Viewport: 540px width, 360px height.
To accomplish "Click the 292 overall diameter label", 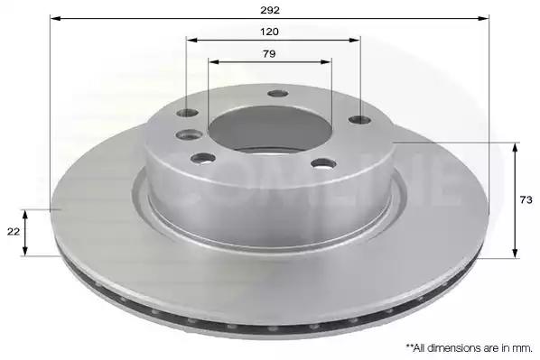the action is click(270, 10).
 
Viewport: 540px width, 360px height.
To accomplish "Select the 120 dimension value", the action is click(269, 32).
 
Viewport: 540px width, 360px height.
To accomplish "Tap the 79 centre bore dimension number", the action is click(269, 54).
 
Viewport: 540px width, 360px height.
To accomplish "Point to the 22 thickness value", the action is click(14, 232).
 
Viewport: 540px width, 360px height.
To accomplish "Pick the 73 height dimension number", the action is click(526, 199).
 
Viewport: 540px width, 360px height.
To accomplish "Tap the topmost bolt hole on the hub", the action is click(278, 94).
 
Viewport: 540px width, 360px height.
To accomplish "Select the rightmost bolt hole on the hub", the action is click(359, 120).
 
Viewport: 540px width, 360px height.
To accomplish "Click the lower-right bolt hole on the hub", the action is click(323, 163).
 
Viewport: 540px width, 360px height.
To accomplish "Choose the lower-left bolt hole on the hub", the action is click(203, 158).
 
